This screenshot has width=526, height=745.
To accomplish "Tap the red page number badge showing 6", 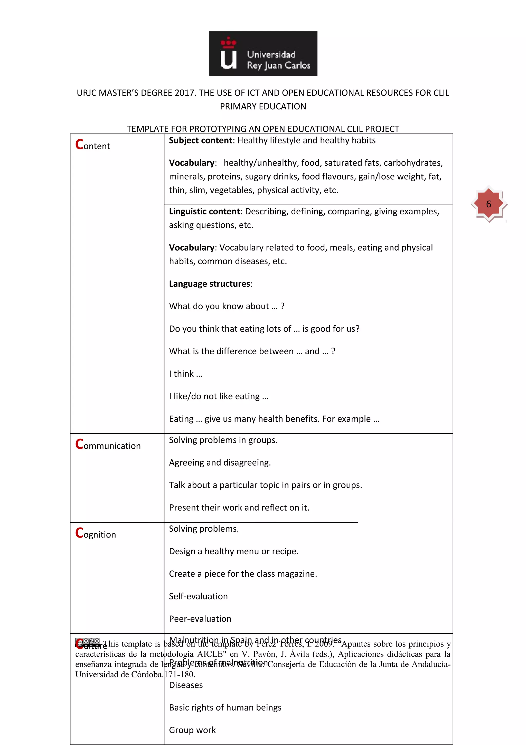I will (489, 204).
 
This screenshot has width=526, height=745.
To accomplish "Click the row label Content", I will (93, 145).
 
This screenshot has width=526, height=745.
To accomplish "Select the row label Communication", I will (108, 444).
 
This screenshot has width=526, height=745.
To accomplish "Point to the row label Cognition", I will (96, 533).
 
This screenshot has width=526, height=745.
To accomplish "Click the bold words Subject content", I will (200, 141).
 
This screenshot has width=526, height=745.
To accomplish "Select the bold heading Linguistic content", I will (204, 212).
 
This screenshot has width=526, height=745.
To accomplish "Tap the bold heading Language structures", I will (210, 284).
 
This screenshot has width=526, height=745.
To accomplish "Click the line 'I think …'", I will (185, 374).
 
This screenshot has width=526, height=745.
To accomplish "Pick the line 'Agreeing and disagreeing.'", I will (220, 463).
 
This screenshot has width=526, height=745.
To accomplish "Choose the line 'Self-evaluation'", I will (198, 596).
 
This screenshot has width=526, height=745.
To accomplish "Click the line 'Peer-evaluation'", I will (200, 619).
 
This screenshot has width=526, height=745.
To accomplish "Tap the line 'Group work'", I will (192, 730).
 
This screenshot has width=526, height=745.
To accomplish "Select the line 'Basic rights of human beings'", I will (225, 707).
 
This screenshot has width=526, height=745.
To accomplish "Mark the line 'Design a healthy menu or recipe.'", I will (234, 551).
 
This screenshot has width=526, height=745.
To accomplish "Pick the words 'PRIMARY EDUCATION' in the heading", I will (263, 106).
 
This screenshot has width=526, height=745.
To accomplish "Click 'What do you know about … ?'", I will (227, 306).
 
